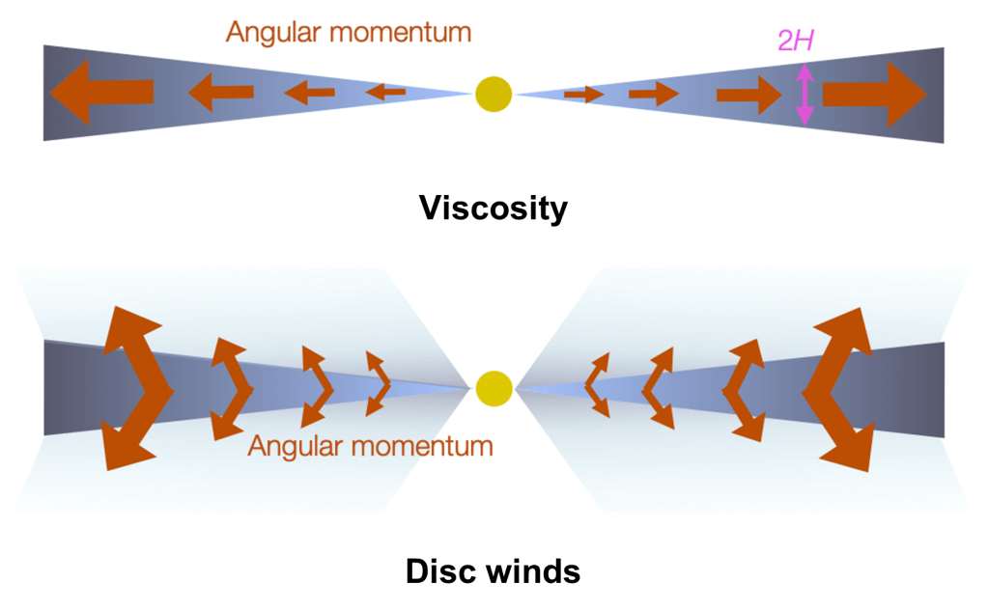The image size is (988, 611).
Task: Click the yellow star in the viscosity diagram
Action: pos(493,94)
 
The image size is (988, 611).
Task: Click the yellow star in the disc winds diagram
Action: pos(493,388)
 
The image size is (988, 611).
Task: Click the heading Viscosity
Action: pos(493,208)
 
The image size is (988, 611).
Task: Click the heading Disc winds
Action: pos(493,570)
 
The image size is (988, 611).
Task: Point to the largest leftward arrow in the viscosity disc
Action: pos(100,92)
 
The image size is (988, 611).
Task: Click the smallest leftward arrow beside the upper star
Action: pos(386,93)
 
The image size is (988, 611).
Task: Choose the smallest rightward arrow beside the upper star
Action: pos(583,94)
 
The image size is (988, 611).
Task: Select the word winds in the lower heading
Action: pos(530,570)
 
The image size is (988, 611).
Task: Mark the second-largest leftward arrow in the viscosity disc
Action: pos(220,93)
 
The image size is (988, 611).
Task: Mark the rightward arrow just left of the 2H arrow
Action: pos(748,95)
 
